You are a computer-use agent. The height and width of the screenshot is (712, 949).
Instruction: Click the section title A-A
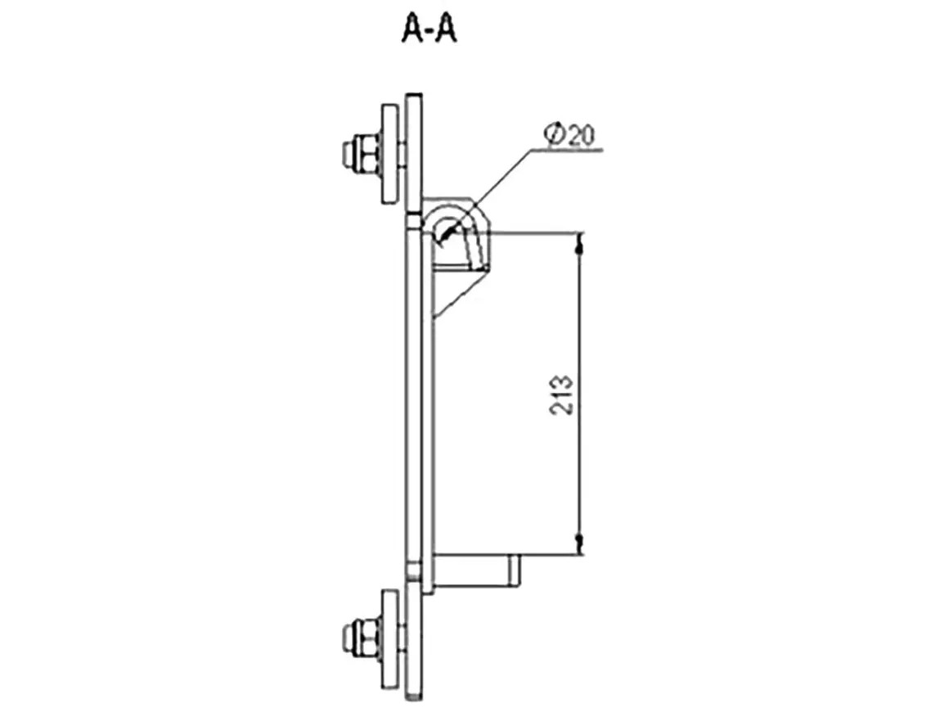pos(430,29)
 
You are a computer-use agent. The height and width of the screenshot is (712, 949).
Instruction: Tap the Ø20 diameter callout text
pos(569,134)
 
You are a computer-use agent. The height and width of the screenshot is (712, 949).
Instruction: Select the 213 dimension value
pos(561,394)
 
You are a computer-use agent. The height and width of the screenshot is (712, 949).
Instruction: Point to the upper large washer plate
pos(393,154)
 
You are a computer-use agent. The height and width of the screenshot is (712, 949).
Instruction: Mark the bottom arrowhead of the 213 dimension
pos(580,544)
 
